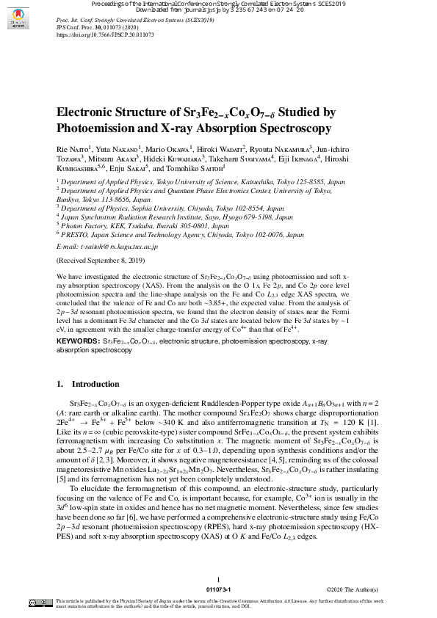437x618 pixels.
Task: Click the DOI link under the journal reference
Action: click(105, 34)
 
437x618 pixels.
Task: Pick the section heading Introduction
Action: click(95, 384)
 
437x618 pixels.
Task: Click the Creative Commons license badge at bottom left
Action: click(40, 602)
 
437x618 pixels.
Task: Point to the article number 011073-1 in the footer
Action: click(218, 589)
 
